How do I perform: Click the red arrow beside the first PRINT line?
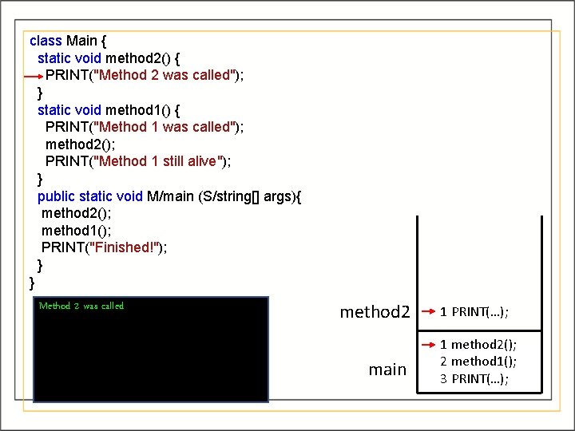click(x=34, y=76)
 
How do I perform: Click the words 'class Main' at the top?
click(x=63, y=40)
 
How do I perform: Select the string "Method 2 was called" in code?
click(x=165, y=75)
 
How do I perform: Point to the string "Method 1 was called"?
click(x=165, y=127)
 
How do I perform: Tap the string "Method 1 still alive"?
click(x=159, y=161)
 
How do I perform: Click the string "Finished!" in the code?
click(x=124, y=247)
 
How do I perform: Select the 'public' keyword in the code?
click(x=57, y=196)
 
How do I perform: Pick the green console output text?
click(x=81, y=306)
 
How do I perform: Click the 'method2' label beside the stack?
click(x=375, y=312)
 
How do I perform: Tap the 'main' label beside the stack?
click(x=387, y=370)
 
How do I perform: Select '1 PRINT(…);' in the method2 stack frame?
click(x=475, y=312)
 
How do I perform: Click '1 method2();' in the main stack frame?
click(x=478, y=345)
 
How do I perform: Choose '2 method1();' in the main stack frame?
click(x=478, y=362)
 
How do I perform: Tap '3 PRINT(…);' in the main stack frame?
click(x=475, y=378)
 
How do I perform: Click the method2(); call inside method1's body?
click(x=79, y=144)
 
